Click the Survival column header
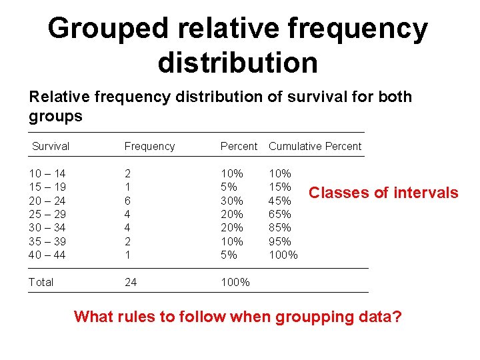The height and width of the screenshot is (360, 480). pos(51,146)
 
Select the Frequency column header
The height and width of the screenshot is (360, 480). pos(149,146)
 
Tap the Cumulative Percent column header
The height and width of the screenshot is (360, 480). pos(315,146)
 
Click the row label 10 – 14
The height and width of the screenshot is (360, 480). pos(47,173)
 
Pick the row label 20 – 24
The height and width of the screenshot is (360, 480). pos(47,201)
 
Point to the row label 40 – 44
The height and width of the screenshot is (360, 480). pos(47,255)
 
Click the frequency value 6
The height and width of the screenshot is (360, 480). pos(128,201)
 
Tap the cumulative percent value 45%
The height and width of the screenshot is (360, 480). pos(279,201)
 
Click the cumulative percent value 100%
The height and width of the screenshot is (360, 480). pos(283,255)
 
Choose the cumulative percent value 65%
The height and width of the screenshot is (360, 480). pos(279,214)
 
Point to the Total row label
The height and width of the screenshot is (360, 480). pos(41,282)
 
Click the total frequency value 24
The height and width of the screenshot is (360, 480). pos(131,282)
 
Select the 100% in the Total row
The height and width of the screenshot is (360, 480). pos(235,282)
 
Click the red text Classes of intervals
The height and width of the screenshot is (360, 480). pos(383,193)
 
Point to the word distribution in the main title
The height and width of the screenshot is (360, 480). pos(238,63)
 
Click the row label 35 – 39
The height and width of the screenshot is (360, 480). pos(47,241)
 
